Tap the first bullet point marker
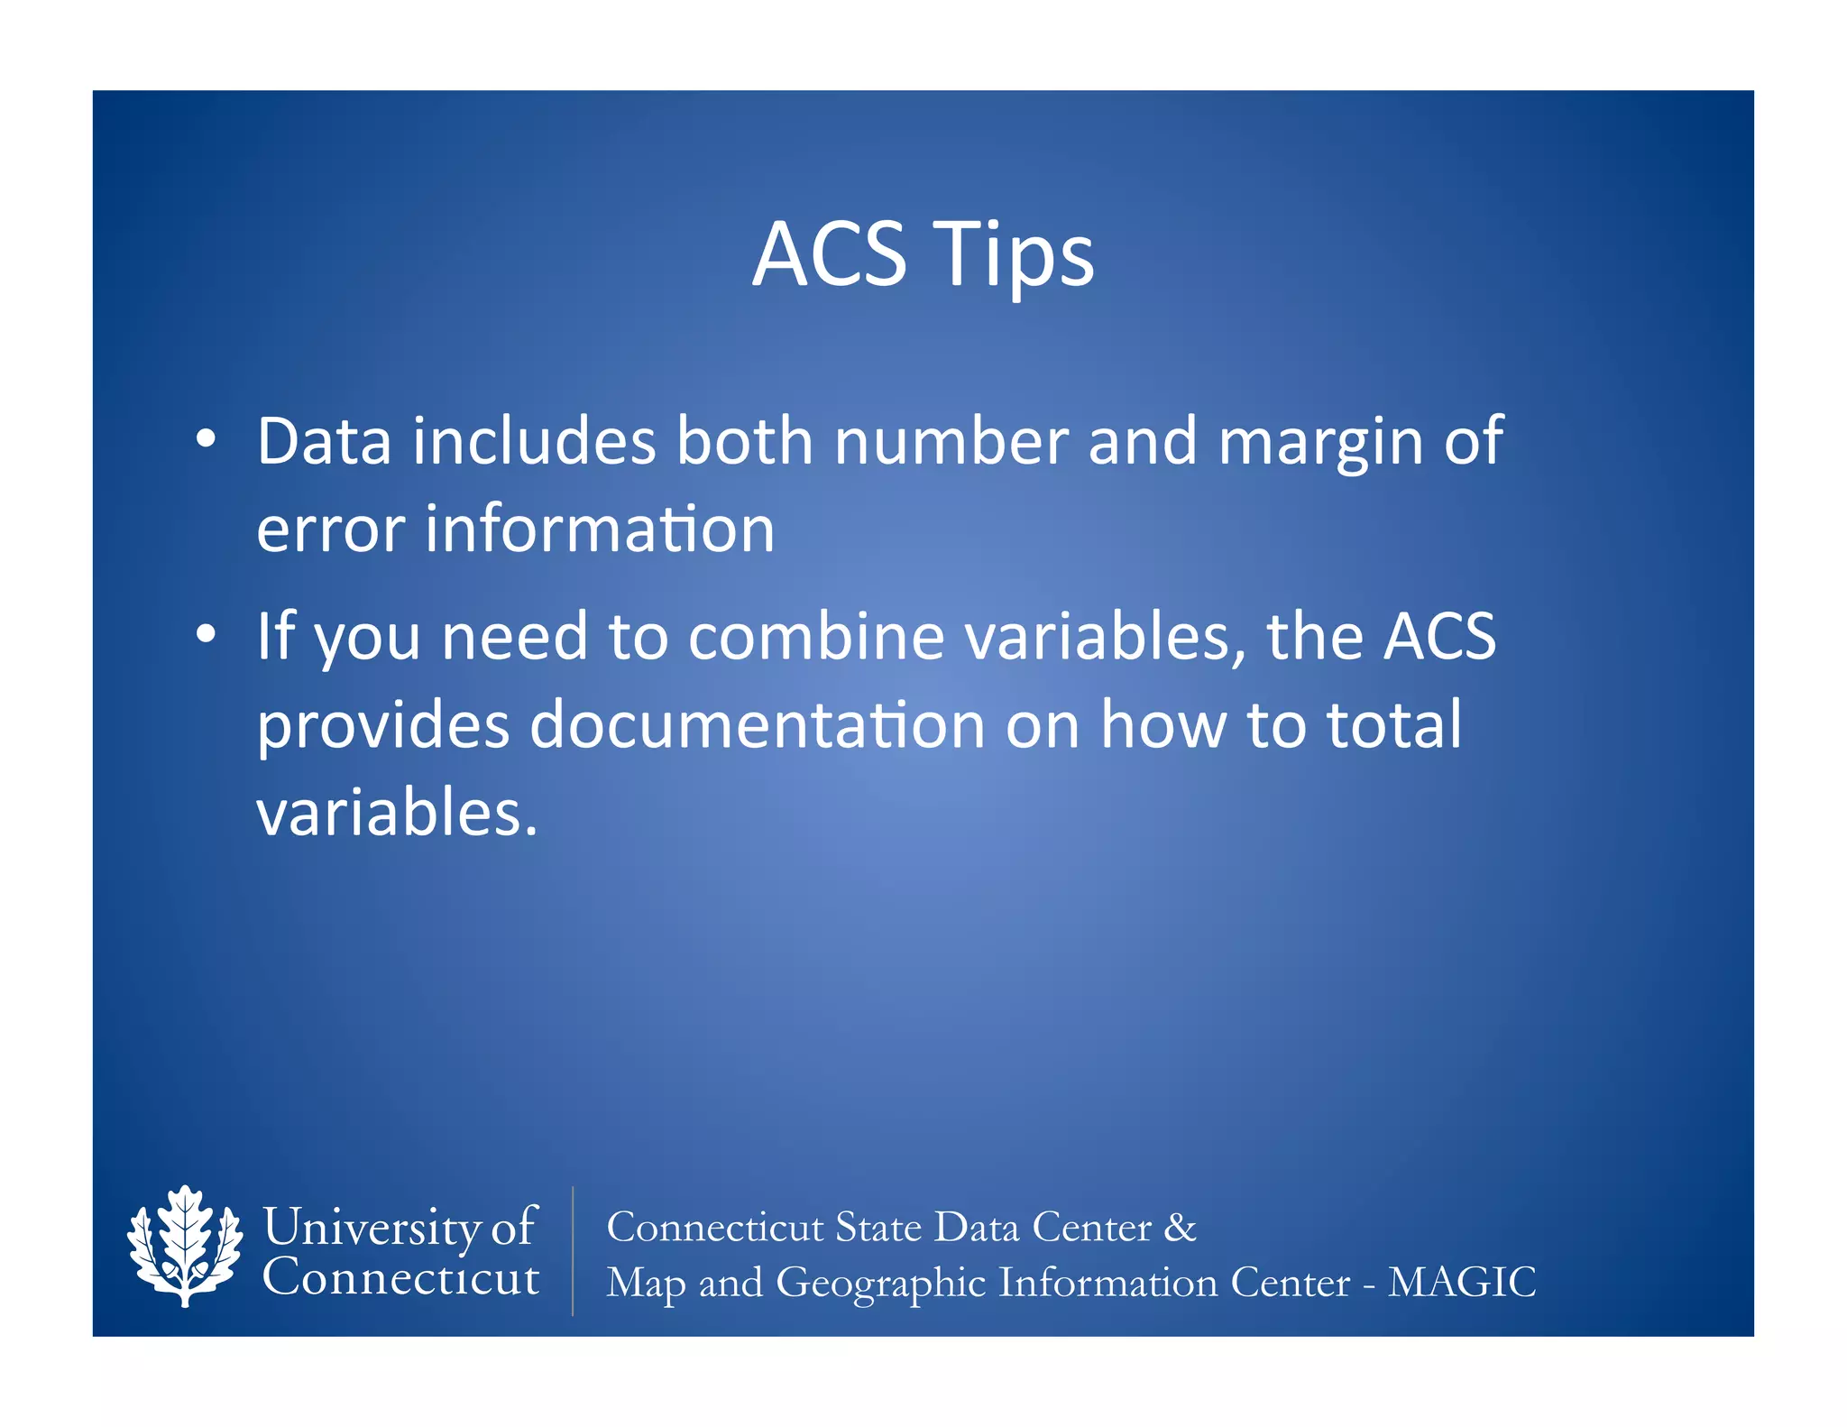[x=207, y=439]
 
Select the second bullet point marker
[x=207, y=635]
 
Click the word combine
[x=816, y=636]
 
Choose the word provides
[x=383, y=726]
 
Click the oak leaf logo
[x=185, y=1246]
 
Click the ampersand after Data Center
[x=1180, y=1227]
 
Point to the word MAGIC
[x=1461, y=1282]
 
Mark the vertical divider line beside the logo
[x=573, y=1250]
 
